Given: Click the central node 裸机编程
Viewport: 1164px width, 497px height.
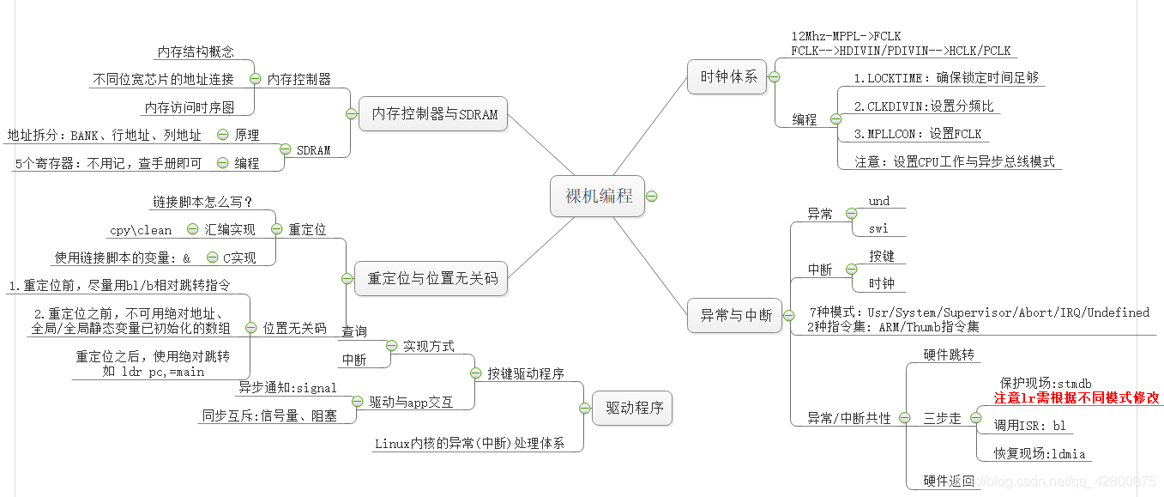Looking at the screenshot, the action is pyautogui.click(x=598, y=197).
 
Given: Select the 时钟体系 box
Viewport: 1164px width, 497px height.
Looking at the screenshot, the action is pyautogui.click(x=728, y=76).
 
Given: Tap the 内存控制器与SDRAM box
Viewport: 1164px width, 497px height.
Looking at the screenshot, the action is pyautogui.click(x=434, y=114).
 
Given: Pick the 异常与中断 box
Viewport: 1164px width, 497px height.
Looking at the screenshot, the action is pyautogui.click(x=735, y=315).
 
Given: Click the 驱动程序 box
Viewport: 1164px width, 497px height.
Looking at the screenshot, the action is pyautogui.click(x=634, y=408).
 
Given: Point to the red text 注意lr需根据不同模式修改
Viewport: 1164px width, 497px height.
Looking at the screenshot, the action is pyautogui.click(x=1077, y=398).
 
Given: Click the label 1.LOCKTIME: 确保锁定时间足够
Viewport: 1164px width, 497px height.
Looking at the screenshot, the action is pyautogui.click(x=946, y=77).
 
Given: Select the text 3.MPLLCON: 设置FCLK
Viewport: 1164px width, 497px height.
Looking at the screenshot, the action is pyautogui.click(x=918, y=134).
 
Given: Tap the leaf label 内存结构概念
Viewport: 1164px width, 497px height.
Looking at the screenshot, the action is pyautogui.click(x=196, y=52).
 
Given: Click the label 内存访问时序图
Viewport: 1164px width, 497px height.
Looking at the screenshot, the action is pyautogui.click(x=189, y=108).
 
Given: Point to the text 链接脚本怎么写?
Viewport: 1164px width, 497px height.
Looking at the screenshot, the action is pyautogui.click(x=202, y=203).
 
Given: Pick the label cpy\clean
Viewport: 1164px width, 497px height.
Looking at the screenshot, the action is pyautogui.click(x=141, y=230).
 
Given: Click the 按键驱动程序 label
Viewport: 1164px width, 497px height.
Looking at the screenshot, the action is pyautogui.click(x=526, y=373).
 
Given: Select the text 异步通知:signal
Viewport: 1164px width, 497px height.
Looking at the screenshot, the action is pyautogui.click(x=288, y=387).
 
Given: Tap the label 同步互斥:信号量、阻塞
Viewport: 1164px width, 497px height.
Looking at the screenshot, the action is pyautogui.click(x=268, y=416).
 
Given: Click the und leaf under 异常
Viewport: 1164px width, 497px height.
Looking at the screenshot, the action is pyautogui.click(x=879, y=202).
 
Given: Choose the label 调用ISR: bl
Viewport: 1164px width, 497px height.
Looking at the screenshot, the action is pyautogui.click(x=1029, y=425).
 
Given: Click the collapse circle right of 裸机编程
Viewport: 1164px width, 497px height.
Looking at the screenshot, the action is pyautogui.click(x=651, y=197).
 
